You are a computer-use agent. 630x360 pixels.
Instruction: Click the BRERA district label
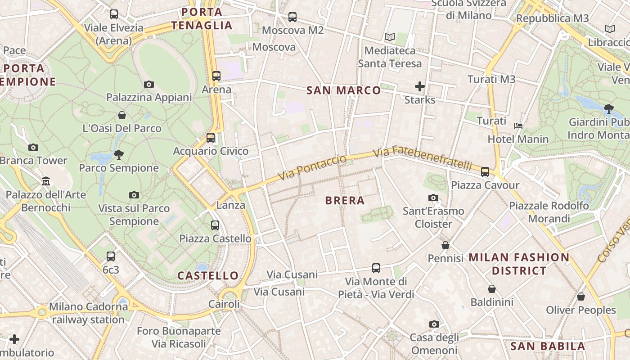345,201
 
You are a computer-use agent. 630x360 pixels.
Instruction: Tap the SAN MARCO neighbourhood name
343,90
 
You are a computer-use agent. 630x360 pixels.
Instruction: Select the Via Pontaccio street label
312,167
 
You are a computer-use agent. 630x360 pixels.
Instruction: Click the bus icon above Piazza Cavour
485,171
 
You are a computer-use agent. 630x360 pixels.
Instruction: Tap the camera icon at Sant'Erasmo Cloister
433,198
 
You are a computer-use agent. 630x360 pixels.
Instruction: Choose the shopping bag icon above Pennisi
445,245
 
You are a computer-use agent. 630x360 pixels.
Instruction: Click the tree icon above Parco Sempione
119,155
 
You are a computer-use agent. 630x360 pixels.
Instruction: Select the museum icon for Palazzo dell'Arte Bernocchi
46,181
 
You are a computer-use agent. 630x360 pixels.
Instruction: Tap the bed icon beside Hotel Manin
518,126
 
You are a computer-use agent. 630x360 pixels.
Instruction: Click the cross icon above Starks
419,86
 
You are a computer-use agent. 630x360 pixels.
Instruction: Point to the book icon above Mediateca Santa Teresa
389,37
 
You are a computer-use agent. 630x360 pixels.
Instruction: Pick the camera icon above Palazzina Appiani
149,84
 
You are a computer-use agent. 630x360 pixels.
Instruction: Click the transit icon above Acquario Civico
210,138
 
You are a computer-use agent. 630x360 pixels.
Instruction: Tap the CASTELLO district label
208,275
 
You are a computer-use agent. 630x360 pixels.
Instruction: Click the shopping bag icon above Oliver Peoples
581,297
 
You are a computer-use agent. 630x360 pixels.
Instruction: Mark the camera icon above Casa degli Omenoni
434,324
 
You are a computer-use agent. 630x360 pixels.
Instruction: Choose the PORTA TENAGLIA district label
202,19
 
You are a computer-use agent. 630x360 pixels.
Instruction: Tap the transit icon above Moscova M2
292,17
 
